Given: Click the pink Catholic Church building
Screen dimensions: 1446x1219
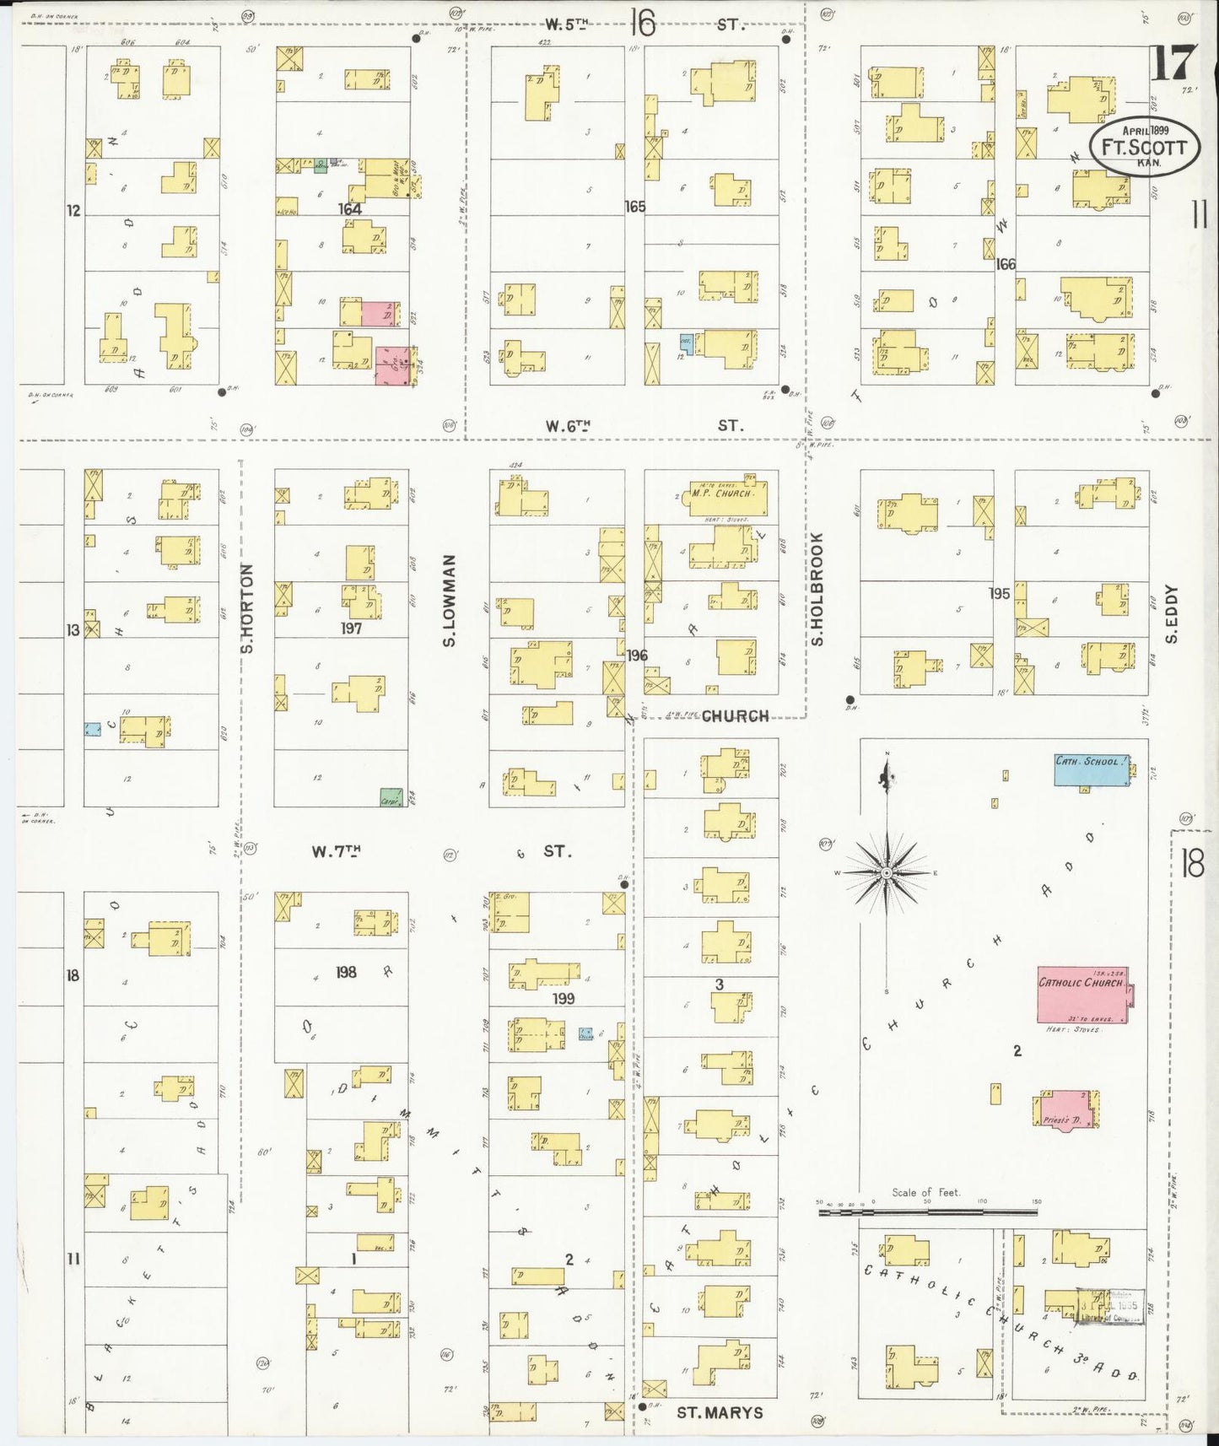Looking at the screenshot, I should pos(1083,995).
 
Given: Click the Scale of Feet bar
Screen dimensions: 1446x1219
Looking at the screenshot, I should pos(928,1212).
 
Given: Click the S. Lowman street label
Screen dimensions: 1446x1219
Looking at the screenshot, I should pos(449,601).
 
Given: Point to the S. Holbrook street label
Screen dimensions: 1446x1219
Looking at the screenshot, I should pos(817,588).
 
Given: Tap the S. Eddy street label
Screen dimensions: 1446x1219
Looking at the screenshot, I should pos(1172,614).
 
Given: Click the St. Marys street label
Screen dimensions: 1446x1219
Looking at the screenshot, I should pos(720,1412).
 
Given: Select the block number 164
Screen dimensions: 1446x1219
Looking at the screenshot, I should pos(349,208).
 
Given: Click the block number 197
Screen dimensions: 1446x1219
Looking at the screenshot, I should pos(351,629).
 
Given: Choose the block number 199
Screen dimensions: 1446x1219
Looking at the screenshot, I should pos(563,999).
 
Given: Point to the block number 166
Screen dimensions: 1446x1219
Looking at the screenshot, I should pos(1005,264).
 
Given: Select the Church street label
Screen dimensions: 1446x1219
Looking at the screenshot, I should pos(735,716).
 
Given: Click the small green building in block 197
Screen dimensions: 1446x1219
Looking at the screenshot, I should pos(389,796).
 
